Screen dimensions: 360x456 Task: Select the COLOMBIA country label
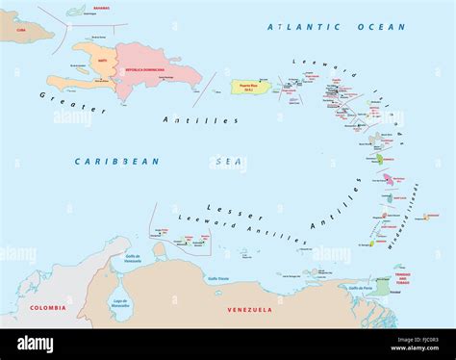(47, 308)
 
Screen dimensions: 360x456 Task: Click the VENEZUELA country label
(249, 309)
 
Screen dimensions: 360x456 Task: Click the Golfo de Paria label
(360, 288)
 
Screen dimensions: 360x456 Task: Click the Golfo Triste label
(217, 277)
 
